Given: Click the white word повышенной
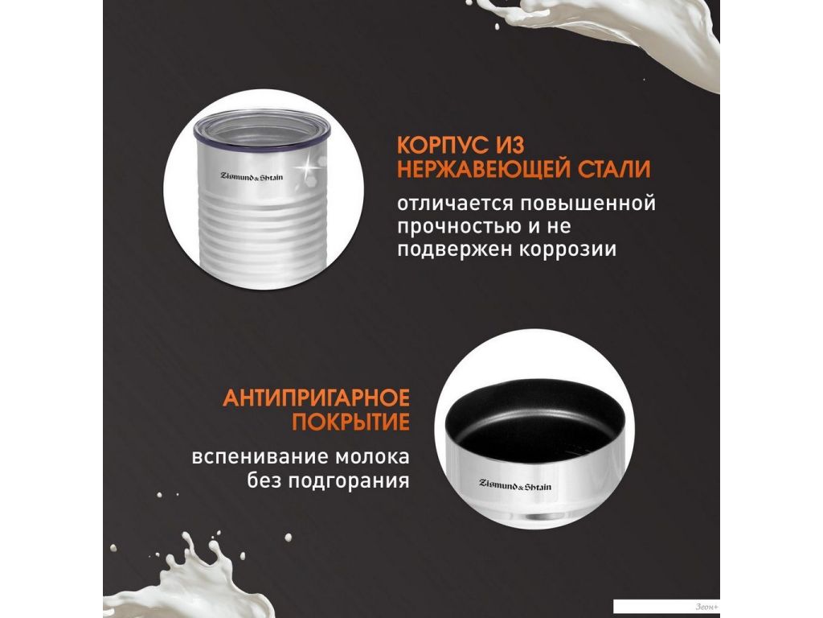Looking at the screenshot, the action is pos(588,203).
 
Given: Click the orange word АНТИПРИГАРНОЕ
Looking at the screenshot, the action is pos(316,398).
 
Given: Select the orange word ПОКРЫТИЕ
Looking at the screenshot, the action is pos(350,422).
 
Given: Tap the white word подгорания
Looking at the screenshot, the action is pos(349,480).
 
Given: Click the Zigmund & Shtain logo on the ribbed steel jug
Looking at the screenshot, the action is pos(252,176).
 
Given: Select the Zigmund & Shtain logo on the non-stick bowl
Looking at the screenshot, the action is pos(515,485).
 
